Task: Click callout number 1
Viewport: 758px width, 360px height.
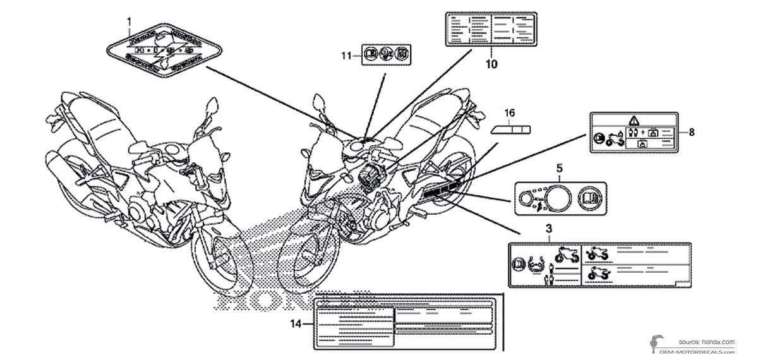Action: (129, 21)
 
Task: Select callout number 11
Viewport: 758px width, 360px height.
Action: (345, 56)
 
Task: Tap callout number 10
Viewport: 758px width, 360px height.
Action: (491, 64)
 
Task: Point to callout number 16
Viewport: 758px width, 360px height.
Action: (510, 113)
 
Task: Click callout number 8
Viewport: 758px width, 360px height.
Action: (692, 132)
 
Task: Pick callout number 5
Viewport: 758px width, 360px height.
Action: (558, 169)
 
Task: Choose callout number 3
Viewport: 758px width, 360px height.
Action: (549, 226)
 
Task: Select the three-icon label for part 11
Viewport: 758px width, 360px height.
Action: (385, 56)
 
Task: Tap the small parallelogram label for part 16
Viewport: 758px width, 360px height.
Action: (510, 129)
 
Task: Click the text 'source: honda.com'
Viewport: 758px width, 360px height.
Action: (707, 342)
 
